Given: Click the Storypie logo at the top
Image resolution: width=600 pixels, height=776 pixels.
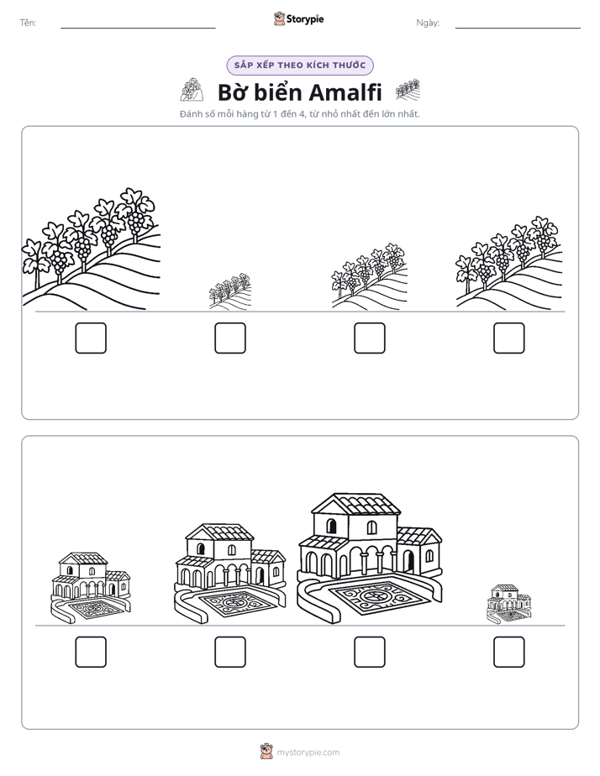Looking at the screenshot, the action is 298,18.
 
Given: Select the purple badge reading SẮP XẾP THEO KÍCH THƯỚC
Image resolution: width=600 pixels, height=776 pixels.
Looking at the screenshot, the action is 300,66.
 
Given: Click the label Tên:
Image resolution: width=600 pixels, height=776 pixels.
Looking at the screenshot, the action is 28,23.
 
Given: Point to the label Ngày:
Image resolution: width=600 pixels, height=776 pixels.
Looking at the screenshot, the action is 428,23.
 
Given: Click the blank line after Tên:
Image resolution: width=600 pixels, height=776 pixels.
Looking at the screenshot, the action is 138,28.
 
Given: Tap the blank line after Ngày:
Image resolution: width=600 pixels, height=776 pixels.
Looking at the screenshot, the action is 518,28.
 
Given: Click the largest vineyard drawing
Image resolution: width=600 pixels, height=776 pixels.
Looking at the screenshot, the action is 91,249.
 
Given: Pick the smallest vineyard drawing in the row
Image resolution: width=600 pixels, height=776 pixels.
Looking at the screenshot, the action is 230,291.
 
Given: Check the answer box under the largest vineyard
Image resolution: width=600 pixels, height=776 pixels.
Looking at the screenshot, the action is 91,338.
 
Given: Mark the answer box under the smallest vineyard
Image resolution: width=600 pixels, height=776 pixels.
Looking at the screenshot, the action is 230,338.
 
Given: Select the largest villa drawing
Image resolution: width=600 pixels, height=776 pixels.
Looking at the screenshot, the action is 370,558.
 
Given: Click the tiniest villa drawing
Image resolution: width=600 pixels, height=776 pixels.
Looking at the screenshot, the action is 509,604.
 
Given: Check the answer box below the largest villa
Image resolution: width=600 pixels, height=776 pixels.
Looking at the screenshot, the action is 370,652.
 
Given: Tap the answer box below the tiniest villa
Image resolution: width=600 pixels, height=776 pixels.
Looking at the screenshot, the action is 509,652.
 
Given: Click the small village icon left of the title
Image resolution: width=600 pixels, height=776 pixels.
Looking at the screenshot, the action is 192,90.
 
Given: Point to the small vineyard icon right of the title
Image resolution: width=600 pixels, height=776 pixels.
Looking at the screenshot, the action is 408,90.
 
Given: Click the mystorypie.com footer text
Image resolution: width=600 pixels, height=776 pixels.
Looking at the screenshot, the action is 308,752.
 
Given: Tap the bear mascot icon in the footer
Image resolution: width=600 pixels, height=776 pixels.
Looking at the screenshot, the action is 266,752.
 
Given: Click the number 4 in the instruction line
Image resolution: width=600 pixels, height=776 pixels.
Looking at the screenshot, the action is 302,114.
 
